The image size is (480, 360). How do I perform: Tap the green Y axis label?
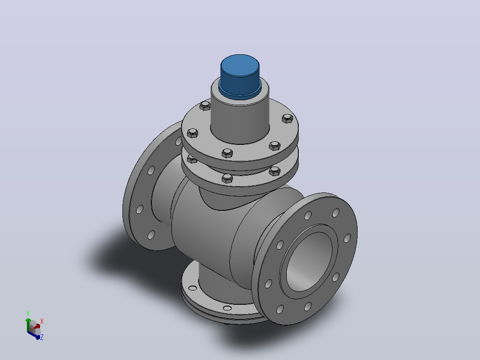[28, 313]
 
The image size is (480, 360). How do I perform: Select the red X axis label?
[42, 321]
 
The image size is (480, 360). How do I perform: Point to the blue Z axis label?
[42, 337]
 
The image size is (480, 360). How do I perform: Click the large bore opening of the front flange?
[309, 262]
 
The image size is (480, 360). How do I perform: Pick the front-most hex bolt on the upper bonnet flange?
[227, 152]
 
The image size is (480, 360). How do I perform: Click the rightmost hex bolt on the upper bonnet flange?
[287, 118]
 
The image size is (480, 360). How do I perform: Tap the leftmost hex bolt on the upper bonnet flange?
[192, 133]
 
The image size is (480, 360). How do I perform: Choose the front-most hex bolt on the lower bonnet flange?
[227, 178]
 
